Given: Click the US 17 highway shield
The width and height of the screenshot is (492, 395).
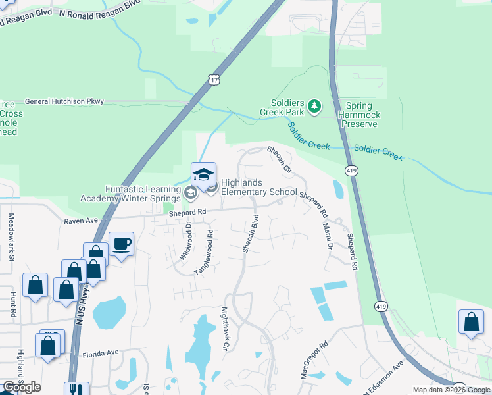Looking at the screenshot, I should [x=212, y=80].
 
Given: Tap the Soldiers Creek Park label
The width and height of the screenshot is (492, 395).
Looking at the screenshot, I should [x=287, y=108].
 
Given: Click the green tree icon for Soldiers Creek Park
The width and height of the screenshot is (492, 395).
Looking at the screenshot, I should [x=315, y=106].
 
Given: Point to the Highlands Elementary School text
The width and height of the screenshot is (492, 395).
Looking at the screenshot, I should [x=258, y=187].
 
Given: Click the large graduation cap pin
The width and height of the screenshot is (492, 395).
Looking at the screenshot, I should [x=203, y=174].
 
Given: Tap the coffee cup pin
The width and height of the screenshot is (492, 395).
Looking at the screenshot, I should [x=122, y=244].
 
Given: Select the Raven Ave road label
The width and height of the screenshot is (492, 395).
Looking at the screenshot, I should [x=81, y=221].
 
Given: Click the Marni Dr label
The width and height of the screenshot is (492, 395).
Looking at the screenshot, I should [x=328, y=236].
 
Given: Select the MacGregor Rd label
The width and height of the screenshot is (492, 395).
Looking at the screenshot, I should [x=314, y=359].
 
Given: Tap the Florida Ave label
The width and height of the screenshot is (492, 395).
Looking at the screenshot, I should [x=101, y=353].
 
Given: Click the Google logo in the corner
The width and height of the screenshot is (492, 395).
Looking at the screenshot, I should [x=22, y=387].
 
